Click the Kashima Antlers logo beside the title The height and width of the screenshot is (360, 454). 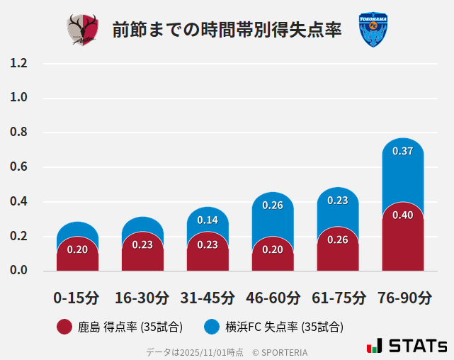[x=83, y=30]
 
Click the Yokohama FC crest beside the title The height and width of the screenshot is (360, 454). [x=373, y=30]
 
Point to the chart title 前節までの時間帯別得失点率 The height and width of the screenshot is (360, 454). [x=227, y=30]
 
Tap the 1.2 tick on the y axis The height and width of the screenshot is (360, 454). [x=18, y=64]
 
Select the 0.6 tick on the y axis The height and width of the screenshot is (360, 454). [x=18, y=167]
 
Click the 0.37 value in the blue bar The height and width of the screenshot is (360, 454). [x=403, y=151]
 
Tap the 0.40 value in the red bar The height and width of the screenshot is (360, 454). [x=403, y=215]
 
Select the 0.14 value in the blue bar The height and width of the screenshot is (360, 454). [x=208, y=220]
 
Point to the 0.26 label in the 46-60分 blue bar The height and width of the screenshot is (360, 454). [x=273, y=206]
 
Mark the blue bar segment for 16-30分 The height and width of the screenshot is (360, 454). [x=142, y=225]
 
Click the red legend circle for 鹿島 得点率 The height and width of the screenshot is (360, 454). [x=64, y=327]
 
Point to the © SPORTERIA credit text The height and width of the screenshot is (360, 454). [x=280, y=352]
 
